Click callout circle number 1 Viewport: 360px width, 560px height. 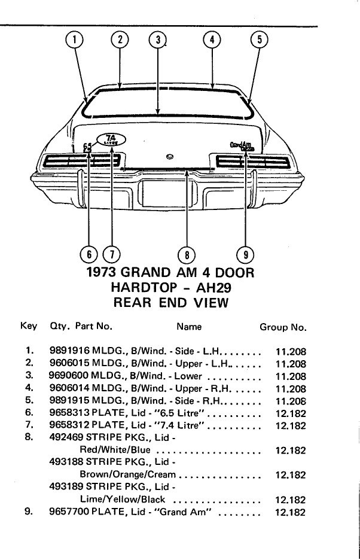(x=74, y=40)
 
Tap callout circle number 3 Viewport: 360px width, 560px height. (x=158, y=40)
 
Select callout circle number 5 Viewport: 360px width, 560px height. (x=260, y=40)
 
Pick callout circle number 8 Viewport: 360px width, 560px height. (x=187, y=255)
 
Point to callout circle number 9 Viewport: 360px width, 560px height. (x=246, y=255)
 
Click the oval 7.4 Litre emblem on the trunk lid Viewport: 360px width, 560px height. (x=111, y=139)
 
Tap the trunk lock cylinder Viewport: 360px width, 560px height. (x=170, y=156)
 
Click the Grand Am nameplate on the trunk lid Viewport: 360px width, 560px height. (x=242, y=146)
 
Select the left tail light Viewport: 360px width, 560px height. (x=82, y=161)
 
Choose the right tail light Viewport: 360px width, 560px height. (x=253, y=162)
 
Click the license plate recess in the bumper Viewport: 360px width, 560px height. (x=167, y=193)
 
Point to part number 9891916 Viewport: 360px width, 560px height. (x=69, y=351)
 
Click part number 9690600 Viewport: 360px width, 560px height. (x=69, y=376)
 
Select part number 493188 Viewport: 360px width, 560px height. (x=66, y=462)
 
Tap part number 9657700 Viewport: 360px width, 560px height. (x=69, y=512)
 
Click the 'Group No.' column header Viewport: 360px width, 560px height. (x=283, y=327)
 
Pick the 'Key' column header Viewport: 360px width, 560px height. (x=29, y=327)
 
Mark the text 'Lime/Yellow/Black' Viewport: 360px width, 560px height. (x=123, y=500)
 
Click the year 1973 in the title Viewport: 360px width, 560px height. (x=101, y=272)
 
